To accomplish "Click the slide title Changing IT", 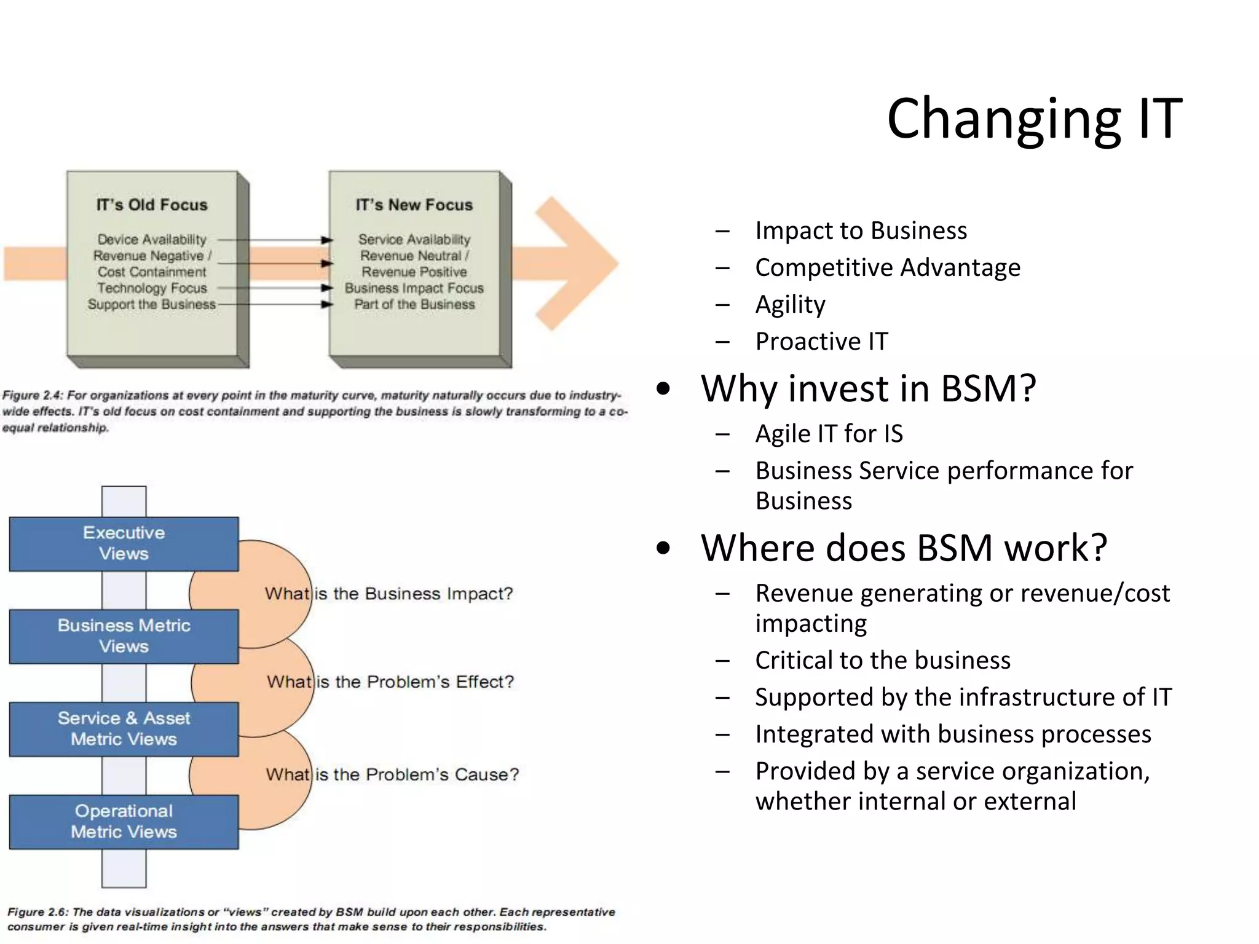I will click(1034, 118).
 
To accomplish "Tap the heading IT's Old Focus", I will click(152, 205).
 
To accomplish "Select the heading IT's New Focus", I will click(414, 205).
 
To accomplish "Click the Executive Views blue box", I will click(124, 543).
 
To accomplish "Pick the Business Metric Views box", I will click(124, 636).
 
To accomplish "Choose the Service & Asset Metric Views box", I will click(124, 729).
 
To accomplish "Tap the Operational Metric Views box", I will click(124, 822).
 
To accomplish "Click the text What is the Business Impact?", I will click(389, 594).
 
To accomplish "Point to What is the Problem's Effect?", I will click(390, 682).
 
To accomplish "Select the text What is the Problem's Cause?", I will click(392, 774).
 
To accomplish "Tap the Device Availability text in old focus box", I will click(152, 239).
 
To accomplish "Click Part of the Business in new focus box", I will click(414, 304).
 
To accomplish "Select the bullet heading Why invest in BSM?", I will click(868, 388).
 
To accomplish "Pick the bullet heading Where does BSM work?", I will click(904, 548).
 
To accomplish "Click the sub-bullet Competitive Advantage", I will click(887, 267).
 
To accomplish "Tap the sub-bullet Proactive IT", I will click(821, 341).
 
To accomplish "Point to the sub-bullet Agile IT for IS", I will click(829, 433).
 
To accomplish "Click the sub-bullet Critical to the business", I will click(882, 660).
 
